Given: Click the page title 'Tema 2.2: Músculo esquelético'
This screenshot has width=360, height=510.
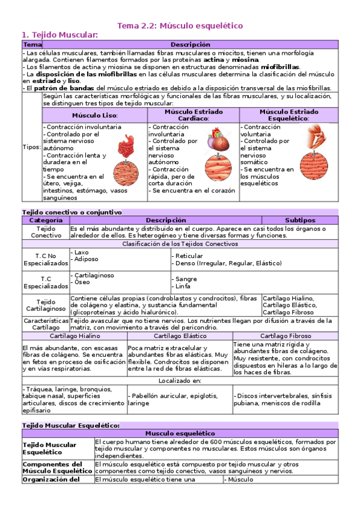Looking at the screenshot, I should click(180, 26).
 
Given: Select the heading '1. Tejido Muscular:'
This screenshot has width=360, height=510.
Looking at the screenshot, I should click(59, 35).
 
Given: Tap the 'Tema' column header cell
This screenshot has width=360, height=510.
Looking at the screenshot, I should click(32, 45).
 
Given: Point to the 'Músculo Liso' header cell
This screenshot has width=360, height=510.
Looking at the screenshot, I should click(95, 115).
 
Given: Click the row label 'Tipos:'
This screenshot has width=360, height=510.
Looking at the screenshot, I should click(32, 147).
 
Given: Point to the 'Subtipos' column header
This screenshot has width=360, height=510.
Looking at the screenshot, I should click(296, 221).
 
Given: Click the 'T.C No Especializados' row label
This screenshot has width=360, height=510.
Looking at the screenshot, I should click(46, 259).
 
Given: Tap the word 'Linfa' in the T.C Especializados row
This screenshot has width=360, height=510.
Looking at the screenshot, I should click(183, 286).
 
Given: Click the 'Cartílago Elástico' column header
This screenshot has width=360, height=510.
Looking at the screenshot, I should click(180, 336).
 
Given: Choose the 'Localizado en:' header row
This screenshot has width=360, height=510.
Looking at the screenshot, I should click(180, 381).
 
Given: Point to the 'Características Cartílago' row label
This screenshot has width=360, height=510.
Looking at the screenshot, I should click(46, 324).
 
